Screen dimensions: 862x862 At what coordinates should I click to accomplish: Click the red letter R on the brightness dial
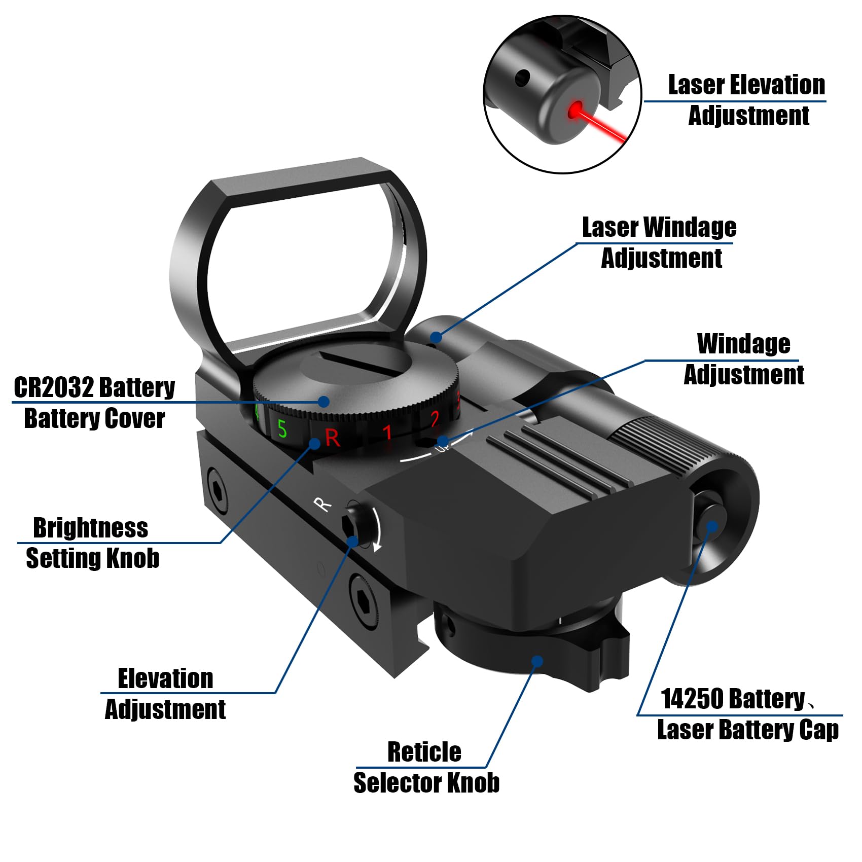coord(333,438)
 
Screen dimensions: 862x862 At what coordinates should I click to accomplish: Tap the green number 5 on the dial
coord(282,429)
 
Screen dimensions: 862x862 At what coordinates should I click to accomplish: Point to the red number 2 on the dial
coord(435,420)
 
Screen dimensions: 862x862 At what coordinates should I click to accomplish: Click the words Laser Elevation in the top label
coord(746,85)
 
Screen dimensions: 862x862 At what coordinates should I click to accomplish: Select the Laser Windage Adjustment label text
coord(659,242)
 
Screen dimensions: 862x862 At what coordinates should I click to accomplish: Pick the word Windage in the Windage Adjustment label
coord(743,344)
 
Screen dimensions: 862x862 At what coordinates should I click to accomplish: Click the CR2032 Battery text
coord(94,388)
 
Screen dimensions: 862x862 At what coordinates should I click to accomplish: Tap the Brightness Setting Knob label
coord(91,543)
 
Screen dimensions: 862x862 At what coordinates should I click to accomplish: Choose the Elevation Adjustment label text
coord(165,694)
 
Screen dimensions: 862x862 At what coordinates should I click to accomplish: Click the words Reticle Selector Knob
coord(426,767)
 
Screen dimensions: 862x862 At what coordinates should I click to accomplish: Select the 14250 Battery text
coord(733,699)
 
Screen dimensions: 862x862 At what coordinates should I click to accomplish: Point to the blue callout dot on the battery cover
coord(324,402)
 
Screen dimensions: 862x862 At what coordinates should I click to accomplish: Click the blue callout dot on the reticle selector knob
coord(537,661)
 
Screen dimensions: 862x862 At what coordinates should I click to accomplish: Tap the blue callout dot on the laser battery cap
coord(711,526)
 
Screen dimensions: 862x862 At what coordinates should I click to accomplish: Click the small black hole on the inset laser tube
coord(522,78)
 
